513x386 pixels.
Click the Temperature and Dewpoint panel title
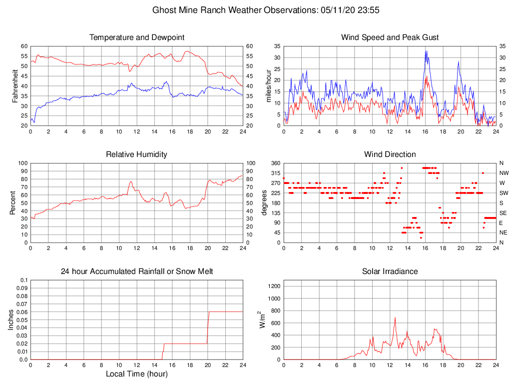tap(137, 37)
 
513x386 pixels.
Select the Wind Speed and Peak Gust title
tap(390, 37)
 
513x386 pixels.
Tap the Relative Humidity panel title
tap(137, 154)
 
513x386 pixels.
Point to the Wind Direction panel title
tap(390, 154)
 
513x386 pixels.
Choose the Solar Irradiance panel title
tap(390, 271)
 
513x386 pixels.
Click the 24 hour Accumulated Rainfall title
tap(137, 271)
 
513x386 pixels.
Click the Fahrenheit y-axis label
tap(16, 86)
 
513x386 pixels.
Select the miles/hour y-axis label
tap(269, 86)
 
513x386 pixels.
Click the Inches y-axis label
tap(11, 320)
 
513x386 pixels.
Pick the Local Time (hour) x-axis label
tap(137, 374)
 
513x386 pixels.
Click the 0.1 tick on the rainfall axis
tap(22, 280)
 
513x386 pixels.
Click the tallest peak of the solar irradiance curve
tap(395, 317)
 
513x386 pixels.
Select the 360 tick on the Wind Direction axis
tap(274, 163)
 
